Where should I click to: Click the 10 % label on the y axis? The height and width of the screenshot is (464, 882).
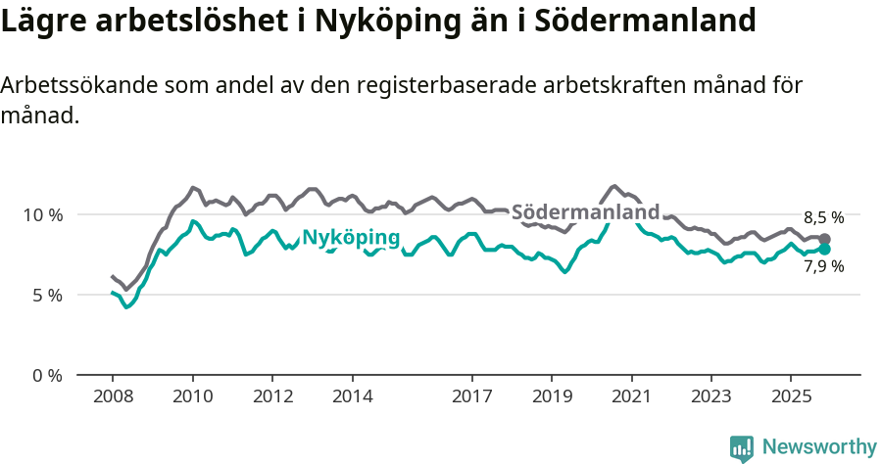point(42,214)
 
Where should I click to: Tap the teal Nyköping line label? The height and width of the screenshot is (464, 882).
point(351,237)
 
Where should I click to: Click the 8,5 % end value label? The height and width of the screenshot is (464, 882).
point(823,218)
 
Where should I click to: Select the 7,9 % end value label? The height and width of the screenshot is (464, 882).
point(823,266)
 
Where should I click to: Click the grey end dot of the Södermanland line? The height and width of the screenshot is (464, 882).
point(825,239)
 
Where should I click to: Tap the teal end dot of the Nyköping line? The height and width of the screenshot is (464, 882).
point(825,249)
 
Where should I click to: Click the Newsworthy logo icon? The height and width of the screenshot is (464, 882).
point(742,448)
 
